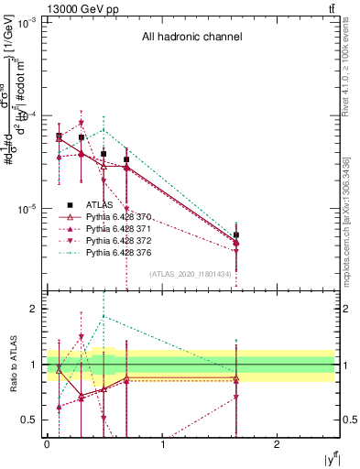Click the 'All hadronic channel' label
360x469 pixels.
coord(191,38)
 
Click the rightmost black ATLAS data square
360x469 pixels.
coord(236,235)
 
